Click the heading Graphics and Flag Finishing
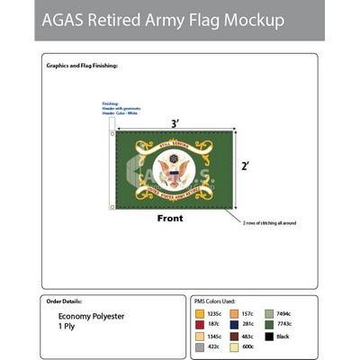pos(82,66)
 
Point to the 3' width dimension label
pos(174,122)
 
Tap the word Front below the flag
pos(170,219)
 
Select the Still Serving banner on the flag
pos(173,143)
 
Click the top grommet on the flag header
pos(112,134)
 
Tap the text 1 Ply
pos(67,327)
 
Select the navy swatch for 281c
pos(235,324)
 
